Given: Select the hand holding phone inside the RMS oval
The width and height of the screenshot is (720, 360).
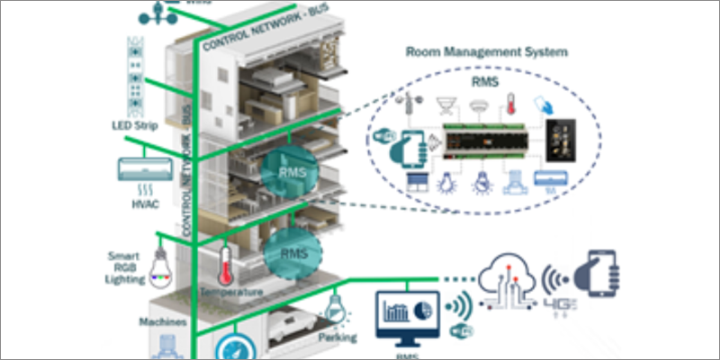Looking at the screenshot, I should click(x=409, y=147).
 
